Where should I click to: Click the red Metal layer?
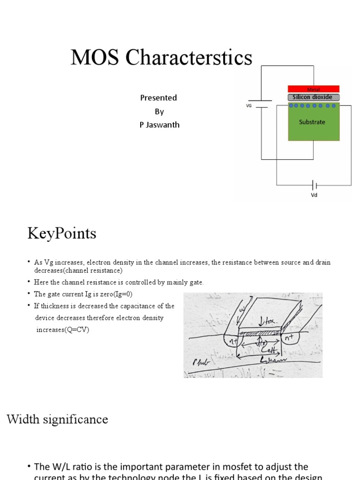(313, 89)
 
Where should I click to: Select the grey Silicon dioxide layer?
(313, 97)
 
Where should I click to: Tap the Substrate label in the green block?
(312, 122)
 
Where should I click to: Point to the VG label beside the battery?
(249, 106)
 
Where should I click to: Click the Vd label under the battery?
(314, 195)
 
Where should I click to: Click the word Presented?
(158, 97)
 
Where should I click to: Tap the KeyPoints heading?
(62, 233)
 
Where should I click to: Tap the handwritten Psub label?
(200, 362)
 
